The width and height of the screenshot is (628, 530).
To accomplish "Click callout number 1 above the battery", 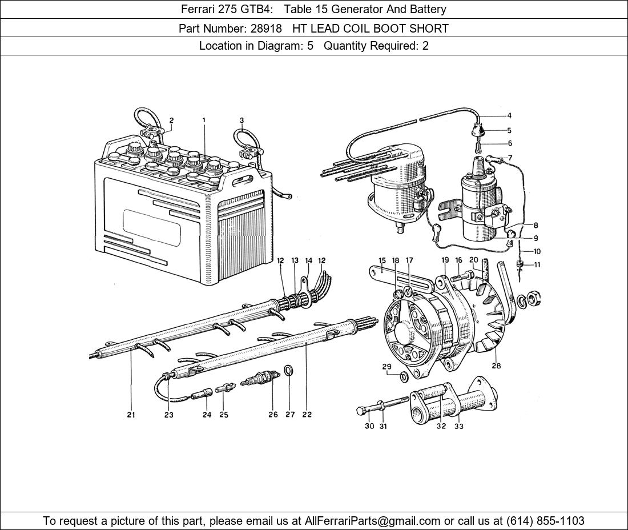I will [x=204, y=120].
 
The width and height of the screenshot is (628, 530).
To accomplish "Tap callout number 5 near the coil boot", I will [x=509, y=130].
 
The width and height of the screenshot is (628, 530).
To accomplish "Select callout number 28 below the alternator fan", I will [x=496, y=366].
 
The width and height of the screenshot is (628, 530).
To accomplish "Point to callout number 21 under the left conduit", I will [x=131, y=415].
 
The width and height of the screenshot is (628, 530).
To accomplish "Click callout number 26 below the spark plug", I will [x=273, y=415].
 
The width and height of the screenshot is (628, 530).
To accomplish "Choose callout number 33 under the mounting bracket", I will [x=459, y=426].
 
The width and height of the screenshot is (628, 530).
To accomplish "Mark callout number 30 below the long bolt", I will [x=369, y=426].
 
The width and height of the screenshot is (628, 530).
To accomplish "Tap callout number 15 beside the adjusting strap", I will [x=382, y=260].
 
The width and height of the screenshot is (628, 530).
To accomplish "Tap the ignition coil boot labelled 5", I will [x=478, y=133].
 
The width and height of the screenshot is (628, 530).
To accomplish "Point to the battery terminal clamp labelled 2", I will [x=153, y=135].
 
